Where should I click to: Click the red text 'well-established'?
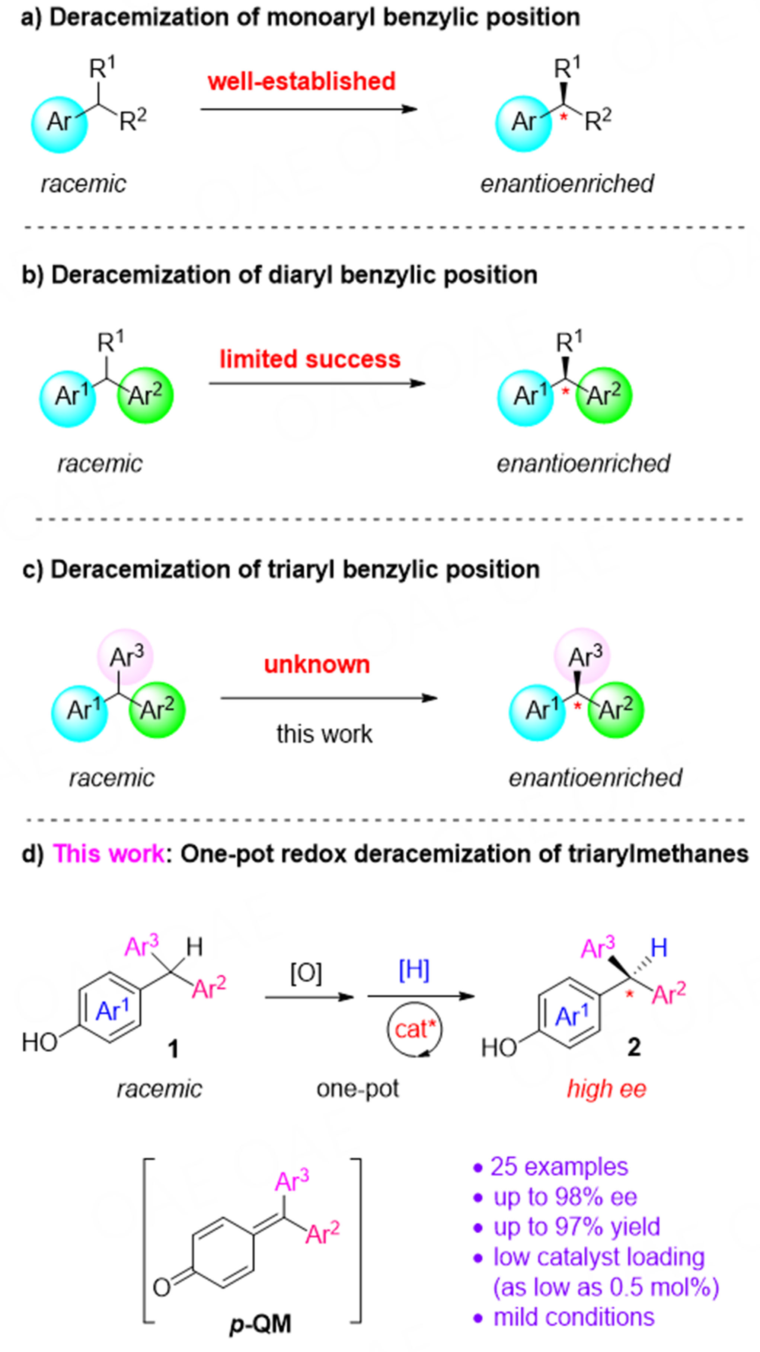click(x=301, y=81)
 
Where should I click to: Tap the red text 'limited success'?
click(x=310, y=359)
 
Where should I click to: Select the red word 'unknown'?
click(x=317, y=664)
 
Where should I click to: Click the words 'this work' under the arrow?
click(x=325, y=734)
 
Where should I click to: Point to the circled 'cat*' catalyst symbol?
click(x=415, y=1029)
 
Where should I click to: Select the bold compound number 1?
click(x=173, y=1050)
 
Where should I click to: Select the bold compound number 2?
click(x=634, y=1047)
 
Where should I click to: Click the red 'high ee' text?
click(x=606, y=1089)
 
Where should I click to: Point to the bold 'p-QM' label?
click(x=260, y=1324)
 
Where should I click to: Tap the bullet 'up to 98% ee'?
click(x=565, y=1197)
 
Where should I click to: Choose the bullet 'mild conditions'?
click(x=574, y=1317)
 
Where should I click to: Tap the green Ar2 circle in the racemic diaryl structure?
click(x=146, y=395)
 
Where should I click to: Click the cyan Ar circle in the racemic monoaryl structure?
click(x=59, y=124)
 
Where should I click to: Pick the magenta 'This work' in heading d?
click(x=109, y=854)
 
